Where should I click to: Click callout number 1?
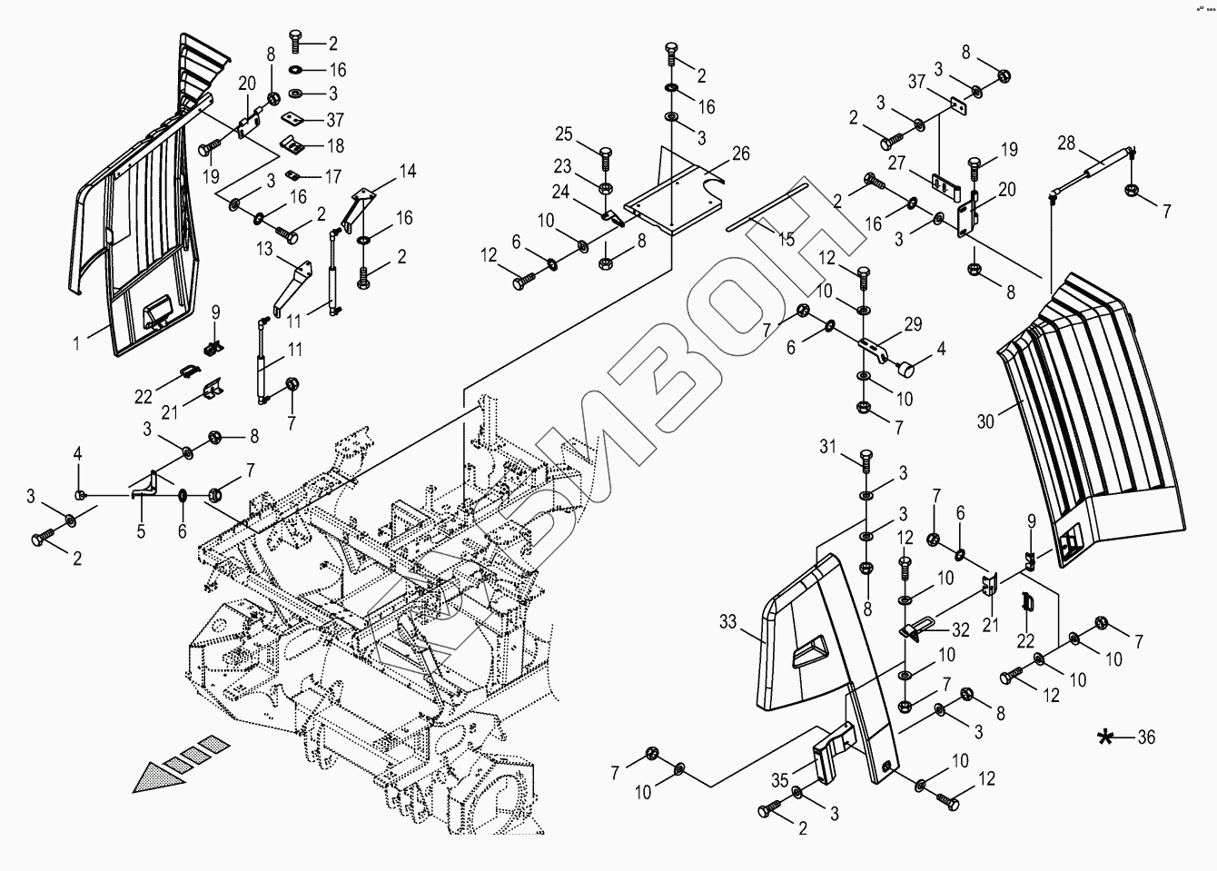[78, 343]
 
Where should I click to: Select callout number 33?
[728, 623]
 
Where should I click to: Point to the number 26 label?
[741, 153]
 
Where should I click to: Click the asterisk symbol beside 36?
[1105, 737]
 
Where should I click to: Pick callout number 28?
[1066, 143]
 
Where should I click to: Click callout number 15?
[787, 240]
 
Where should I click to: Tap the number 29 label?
[913, 324]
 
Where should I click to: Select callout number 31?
[826, 446]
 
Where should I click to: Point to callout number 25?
[564, 135]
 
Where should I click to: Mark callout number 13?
[264, 249]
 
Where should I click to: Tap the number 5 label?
[141, 532]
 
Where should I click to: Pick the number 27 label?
[898, 163]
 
